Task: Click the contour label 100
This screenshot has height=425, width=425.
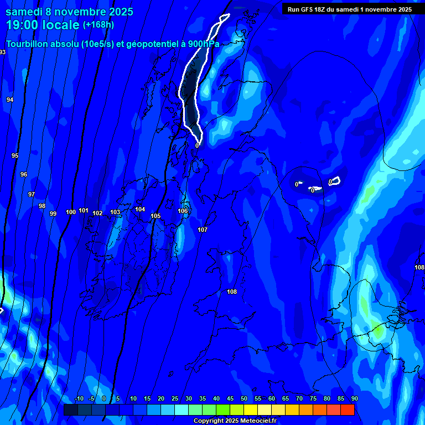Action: pos(71,212)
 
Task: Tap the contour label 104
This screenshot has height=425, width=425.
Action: pos(140,209)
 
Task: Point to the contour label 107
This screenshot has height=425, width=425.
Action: pos(203,230)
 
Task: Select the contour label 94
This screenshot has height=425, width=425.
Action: pos(10,100)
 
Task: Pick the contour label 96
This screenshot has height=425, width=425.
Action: pos(24,174)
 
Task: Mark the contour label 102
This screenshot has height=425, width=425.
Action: pos(97,213)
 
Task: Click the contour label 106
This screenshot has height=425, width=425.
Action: pos(183,211)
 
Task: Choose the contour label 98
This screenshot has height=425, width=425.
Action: pos(42,206)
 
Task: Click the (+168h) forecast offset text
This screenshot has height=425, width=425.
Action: pos(99,25)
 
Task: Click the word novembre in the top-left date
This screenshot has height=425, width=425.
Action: pos(77,12)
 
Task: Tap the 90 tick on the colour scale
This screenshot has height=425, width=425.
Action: pos(354,399)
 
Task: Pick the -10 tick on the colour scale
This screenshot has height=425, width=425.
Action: pos(79,399)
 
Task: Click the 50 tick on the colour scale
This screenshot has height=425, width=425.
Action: pos(244,399)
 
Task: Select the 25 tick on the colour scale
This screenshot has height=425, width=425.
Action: pos(175,399)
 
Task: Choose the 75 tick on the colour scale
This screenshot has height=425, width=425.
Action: pos(313,399)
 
